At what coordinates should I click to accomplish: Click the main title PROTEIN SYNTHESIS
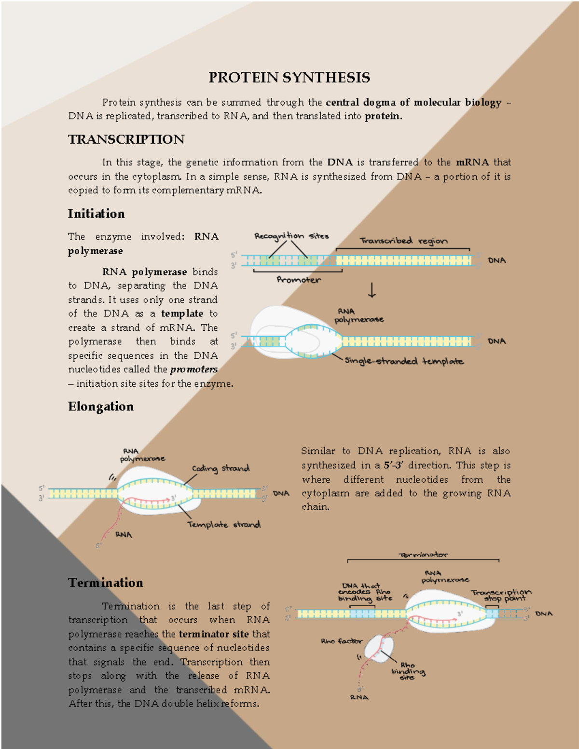pyautogui.click(x=289, y=77)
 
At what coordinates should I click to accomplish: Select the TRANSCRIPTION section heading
pyautogui.click(x=126, y=139)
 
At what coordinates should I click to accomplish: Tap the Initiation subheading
pyautogui.click(x=96, y=214)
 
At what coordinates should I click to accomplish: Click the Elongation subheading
pyautogui.click(x=100, y=407)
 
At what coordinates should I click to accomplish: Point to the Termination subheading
pyautogui.click(x=105, y=583)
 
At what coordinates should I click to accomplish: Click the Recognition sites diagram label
pyautogui.click(x=291, y=236)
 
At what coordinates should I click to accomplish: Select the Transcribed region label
pyautogui.click(x=403, y=241)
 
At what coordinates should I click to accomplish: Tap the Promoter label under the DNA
pyautogui.click(x=298, y=280)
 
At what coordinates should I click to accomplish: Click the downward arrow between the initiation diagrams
pyautogui.click(x=372, y=290)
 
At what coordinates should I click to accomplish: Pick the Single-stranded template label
pyautogui.click(x=404, y=361)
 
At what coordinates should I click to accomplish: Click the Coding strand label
pyautogui.click(x=221, y=468)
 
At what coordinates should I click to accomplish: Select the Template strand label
pyautogui.click(x=224, y=524)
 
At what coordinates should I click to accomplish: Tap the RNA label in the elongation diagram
pyautogui.click(x=124, y=534)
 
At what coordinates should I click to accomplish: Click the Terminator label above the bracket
pyautogui.click(x=423, y=555)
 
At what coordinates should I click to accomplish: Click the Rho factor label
pyautogui.click(x=341, y=641)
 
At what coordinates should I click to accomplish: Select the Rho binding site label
pyautogui.click(x=408, y=671)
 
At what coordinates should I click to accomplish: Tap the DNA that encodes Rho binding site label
pyautogui.click(x=364, y=592)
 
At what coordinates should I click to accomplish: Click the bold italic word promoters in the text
pyautogui.click(x=193, y=369)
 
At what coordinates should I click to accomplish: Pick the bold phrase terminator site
pyautogui.click(x=214, y=634)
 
